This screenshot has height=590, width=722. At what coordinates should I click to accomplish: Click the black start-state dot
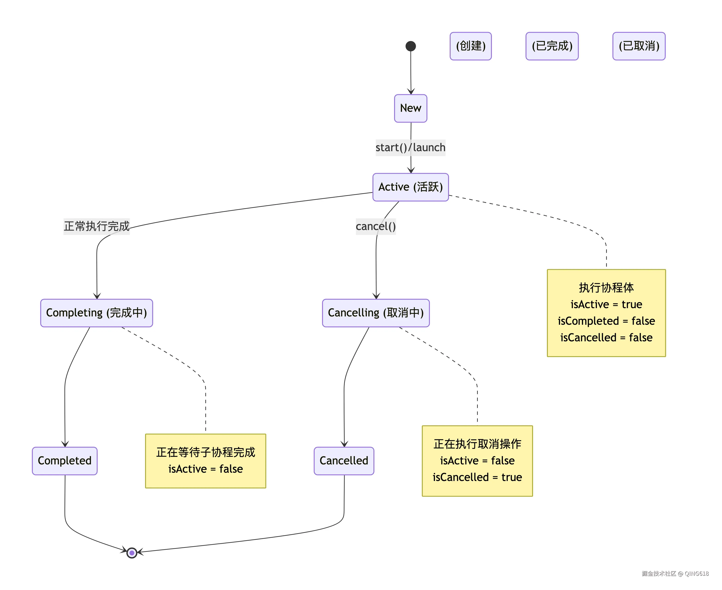411,46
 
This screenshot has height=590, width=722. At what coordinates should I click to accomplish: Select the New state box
411,108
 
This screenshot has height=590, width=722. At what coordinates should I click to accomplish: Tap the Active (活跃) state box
411,187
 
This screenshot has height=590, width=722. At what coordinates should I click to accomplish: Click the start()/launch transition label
410,147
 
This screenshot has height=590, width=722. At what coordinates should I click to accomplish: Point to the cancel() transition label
376,226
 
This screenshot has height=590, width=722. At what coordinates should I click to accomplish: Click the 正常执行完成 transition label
97,226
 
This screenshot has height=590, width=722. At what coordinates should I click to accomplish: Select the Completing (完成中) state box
97,313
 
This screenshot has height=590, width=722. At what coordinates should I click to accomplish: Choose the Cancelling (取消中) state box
376,313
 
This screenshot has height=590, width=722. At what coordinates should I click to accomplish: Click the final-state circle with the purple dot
132,553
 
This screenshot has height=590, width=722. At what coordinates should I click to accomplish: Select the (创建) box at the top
471,46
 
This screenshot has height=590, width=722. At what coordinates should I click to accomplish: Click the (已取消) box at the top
639,46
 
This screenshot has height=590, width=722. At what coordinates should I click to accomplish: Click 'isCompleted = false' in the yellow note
606,321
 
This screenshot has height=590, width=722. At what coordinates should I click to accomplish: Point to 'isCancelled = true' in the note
477,477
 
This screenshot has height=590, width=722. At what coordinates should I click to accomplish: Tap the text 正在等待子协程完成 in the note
205,452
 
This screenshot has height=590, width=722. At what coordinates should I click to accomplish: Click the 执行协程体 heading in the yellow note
606,288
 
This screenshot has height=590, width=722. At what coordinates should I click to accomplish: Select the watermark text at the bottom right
675,573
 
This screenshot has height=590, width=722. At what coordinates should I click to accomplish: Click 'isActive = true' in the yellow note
606,304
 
